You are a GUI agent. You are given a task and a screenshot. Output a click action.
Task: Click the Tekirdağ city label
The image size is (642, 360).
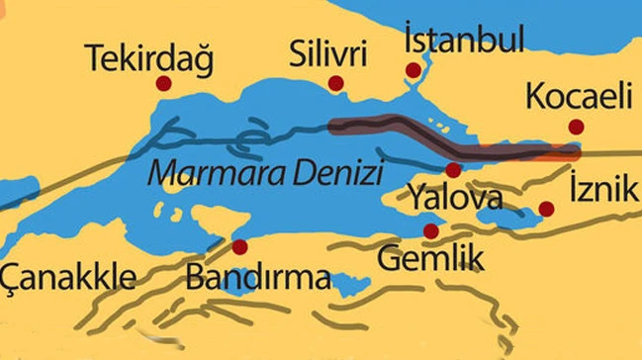149,58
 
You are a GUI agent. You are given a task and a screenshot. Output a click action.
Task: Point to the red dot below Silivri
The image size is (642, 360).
335,83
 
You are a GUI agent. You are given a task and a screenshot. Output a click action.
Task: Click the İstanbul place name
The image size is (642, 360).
463,41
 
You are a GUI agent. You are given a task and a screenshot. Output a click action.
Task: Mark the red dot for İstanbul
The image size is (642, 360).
413,70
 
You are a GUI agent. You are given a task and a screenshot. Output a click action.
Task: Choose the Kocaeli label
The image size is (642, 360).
578,97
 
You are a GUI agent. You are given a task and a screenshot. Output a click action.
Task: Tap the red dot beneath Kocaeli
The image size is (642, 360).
576,127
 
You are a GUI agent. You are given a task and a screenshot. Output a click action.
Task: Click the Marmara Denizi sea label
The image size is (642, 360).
265,175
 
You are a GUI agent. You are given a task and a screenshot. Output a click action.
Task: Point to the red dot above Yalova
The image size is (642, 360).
453,169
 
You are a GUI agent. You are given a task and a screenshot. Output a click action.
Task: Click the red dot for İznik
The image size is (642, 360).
545,209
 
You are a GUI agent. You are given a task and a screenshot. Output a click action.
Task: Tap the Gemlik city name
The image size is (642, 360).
431,260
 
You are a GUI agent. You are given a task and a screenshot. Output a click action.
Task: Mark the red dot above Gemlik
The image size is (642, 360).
430,231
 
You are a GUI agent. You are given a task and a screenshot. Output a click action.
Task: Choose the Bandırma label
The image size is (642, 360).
258,277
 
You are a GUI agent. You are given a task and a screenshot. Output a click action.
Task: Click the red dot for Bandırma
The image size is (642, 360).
238,245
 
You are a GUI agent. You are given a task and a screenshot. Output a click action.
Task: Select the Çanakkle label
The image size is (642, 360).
67,276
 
